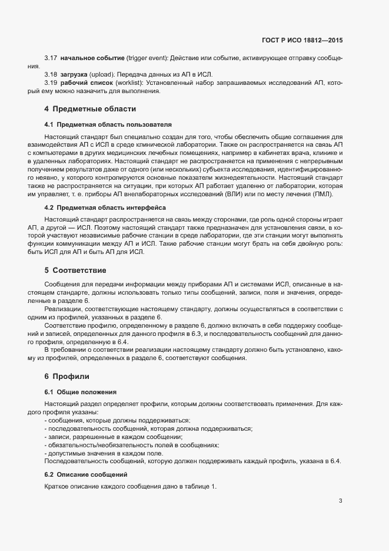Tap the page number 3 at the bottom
[x=340, y=501]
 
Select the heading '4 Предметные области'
[x=90, y=109]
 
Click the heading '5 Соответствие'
[x=75, y=270]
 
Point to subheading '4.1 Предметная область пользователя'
[x=108, y=125]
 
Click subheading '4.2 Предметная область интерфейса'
[x=105, y=207]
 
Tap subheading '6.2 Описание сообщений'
[x=85, y=474]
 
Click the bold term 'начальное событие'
[x=92, y=58]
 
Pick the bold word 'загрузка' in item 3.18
[x=74, y=75]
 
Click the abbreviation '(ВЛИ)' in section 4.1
[x=251, y=194]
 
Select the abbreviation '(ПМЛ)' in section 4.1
[x=322, y=194]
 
